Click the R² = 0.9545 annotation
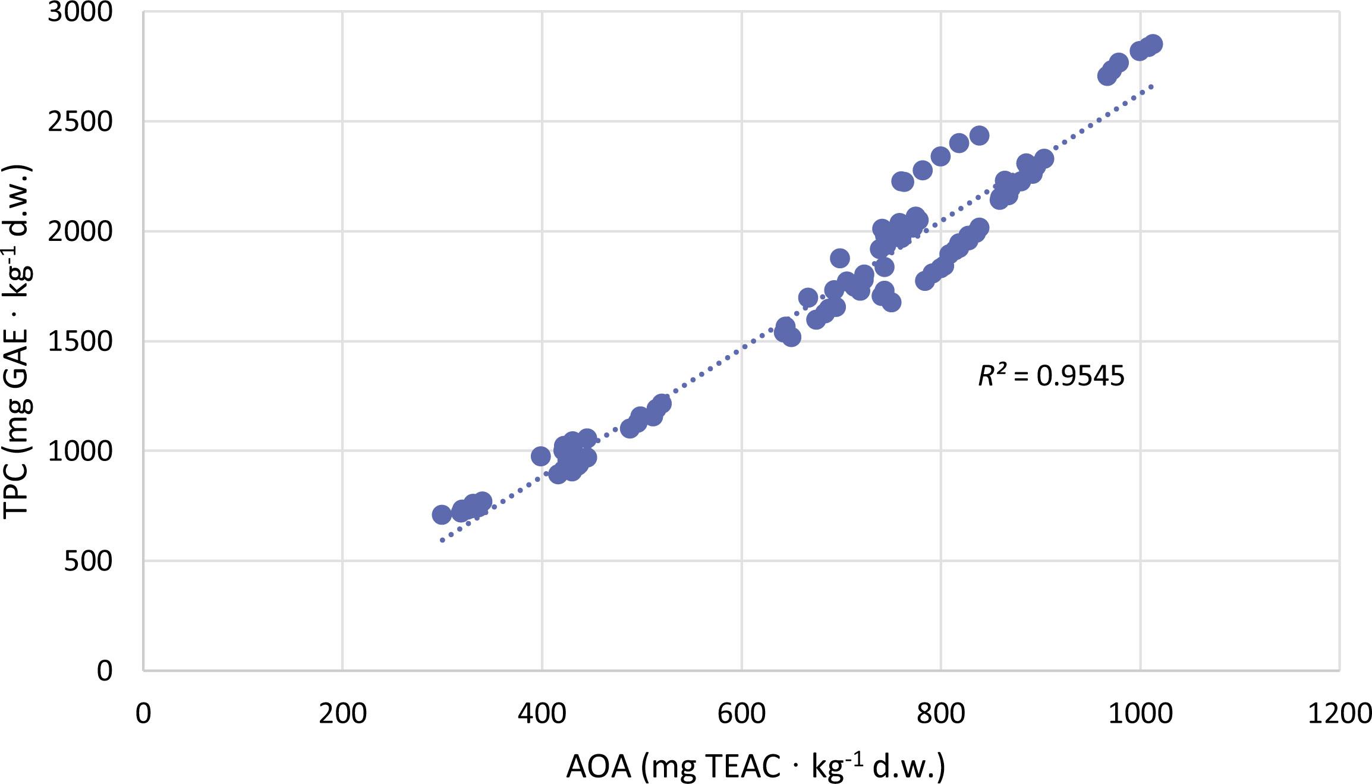(1051, 376)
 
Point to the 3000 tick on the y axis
(80, 12)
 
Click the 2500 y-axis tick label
(80, 122)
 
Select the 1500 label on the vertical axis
(80, 341)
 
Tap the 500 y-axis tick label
(87, 561)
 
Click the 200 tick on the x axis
(342, 713)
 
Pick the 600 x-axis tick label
(741, 713)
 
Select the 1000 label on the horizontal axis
(1140, 713)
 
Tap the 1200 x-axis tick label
(1339, 713)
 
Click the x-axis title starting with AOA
(755, 767)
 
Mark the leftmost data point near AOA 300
(441, 515)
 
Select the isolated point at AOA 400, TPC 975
(540, 456)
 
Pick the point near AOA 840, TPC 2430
(979, 136)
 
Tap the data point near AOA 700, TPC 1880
(839, 258)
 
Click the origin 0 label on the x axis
(143, 713)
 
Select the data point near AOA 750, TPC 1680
(891, 302)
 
